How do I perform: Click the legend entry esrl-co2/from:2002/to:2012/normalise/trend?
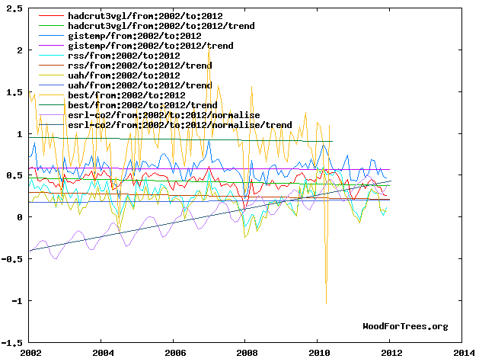tap(179, 125)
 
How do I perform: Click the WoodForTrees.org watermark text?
tap(405, 326)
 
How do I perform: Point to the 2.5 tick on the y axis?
tap(14, 9)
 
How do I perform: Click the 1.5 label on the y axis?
tap(14, 92)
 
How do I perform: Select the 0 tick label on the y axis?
tap(20, 217)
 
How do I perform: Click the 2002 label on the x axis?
tap(31, 354)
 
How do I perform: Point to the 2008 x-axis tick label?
tap(247, 354)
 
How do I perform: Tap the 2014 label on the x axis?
tap(464, 354)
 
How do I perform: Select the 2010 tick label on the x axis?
tap(320, 354)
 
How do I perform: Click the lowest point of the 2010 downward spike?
tap(327, 304)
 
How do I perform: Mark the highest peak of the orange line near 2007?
tap(209, 47)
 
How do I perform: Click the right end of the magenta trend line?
tap(390, 170)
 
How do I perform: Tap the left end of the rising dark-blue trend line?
tap(30, 251)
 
